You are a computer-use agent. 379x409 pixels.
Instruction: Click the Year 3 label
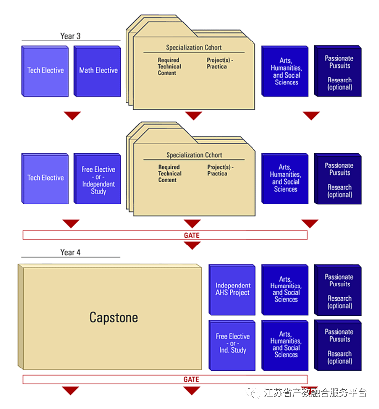(x=70, y=36)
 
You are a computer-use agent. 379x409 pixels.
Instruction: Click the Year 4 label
(x=70, y=252)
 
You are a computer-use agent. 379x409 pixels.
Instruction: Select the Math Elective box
(x=98, y=71)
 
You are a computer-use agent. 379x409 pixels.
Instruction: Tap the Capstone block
(x=113, y=317)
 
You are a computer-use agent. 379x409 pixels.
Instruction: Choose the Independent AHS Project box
(x=232, y=289)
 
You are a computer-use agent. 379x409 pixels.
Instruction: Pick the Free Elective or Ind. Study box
(x=232, y=344)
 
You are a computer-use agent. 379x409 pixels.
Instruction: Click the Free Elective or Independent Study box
(x=98, y=179)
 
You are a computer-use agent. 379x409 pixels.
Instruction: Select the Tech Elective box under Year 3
(x=45, y=71)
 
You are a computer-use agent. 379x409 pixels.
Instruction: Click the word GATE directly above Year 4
(x=192, y=235)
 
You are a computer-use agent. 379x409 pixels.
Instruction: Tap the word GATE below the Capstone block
(x=191, y=379)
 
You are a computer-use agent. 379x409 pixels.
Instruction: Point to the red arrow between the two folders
(x=194, y=116)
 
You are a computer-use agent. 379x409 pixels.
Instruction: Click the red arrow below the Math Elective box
(x=72, y=116)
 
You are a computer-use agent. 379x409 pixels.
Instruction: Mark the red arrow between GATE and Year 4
(x=192, y=245)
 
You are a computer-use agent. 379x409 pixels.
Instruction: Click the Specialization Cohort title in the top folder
(x=194, y=48)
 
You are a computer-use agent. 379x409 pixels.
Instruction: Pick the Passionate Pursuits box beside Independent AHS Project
(x=339, y=290)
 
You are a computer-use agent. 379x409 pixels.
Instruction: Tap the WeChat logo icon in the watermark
(x=255, y=393)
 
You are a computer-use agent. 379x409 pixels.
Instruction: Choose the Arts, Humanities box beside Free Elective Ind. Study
(x=286, y=345)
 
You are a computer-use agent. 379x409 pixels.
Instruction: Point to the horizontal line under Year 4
(x=70, y=257)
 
